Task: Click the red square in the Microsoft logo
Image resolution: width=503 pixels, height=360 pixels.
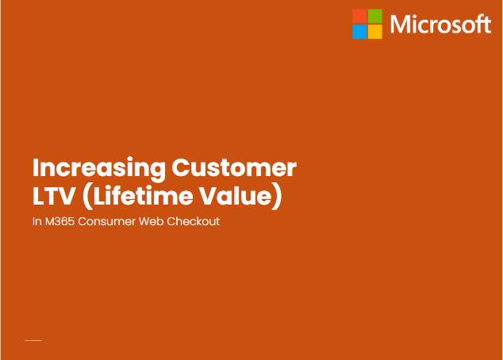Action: click(359, 17)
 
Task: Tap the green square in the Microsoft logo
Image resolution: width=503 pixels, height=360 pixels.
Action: click(375, 17)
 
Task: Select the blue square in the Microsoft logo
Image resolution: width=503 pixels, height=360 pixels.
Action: click(359, 32)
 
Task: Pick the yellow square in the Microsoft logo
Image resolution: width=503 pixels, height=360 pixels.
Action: click(375, 32)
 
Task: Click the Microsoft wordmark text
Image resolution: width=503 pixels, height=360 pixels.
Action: click(440, 24)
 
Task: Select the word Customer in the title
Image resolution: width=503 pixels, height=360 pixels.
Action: click(234, 167)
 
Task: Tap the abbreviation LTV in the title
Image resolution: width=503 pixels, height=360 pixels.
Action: click(54, 196)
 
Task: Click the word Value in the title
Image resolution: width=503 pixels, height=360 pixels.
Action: click(236, 196)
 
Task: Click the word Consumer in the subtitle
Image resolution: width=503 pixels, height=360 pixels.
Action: click(107, 221)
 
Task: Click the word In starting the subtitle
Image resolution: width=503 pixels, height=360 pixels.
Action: click(36, 221)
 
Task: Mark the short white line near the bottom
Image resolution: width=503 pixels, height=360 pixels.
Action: click(33, 340)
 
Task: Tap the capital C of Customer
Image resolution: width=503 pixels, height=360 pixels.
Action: click(181, 167)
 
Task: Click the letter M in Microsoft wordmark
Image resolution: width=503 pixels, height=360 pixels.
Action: click(399, 25)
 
